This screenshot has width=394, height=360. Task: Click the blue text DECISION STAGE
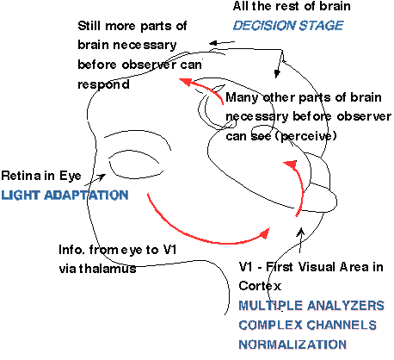click(288, 26)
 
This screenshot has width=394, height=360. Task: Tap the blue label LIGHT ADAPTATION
click(65, 196)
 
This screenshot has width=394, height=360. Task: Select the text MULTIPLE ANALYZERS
click(311, 306)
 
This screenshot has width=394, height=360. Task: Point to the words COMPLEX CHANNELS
click(308, 325)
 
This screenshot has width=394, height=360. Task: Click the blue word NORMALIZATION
click(292, 344)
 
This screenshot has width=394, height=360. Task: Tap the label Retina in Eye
click(41, 176)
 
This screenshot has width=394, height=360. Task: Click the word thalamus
click(108, 269)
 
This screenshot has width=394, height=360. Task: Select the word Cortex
click(260, 286)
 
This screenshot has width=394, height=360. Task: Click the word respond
click(103, 85)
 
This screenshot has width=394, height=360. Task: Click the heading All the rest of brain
click(292, 6)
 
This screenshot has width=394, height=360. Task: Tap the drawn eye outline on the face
click(135, 175)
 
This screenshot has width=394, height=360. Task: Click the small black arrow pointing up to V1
click(300, 239)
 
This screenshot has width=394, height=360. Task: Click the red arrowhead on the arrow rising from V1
click(291, 165)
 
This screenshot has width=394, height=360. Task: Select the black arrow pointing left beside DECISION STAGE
click(222, 43)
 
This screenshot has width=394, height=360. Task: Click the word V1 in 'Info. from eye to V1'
click(169, 250)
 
